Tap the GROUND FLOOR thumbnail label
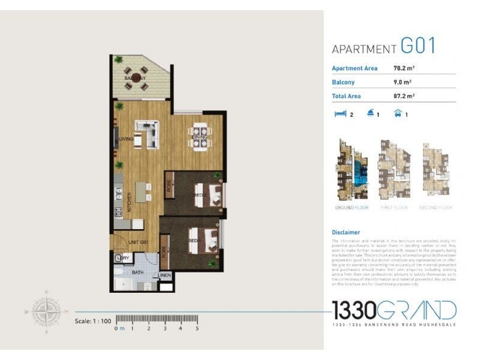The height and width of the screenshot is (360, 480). point(352,208)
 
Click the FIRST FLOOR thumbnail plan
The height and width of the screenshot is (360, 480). point(393,170)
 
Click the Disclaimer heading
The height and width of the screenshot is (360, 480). point(346,232)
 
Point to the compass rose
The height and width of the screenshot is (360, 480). point(46,311)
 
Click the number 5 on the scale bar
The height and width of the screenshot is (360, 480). point(197,328)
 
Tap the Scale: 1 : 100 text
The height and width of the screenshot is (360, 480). point(93,321)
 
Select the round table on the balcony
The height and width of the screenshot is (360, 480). point(136,78)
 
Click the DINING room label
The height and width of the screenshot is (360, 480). point(199,137)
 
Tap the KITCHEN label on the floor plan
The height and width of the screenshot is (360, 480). point(128,202)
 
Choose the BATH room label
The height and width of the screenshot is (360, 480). point(137,272)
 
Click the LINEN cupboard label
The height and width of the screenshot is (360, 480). point(164,276)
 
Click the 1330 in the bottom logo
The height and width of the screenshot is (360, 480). point(355,311)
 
